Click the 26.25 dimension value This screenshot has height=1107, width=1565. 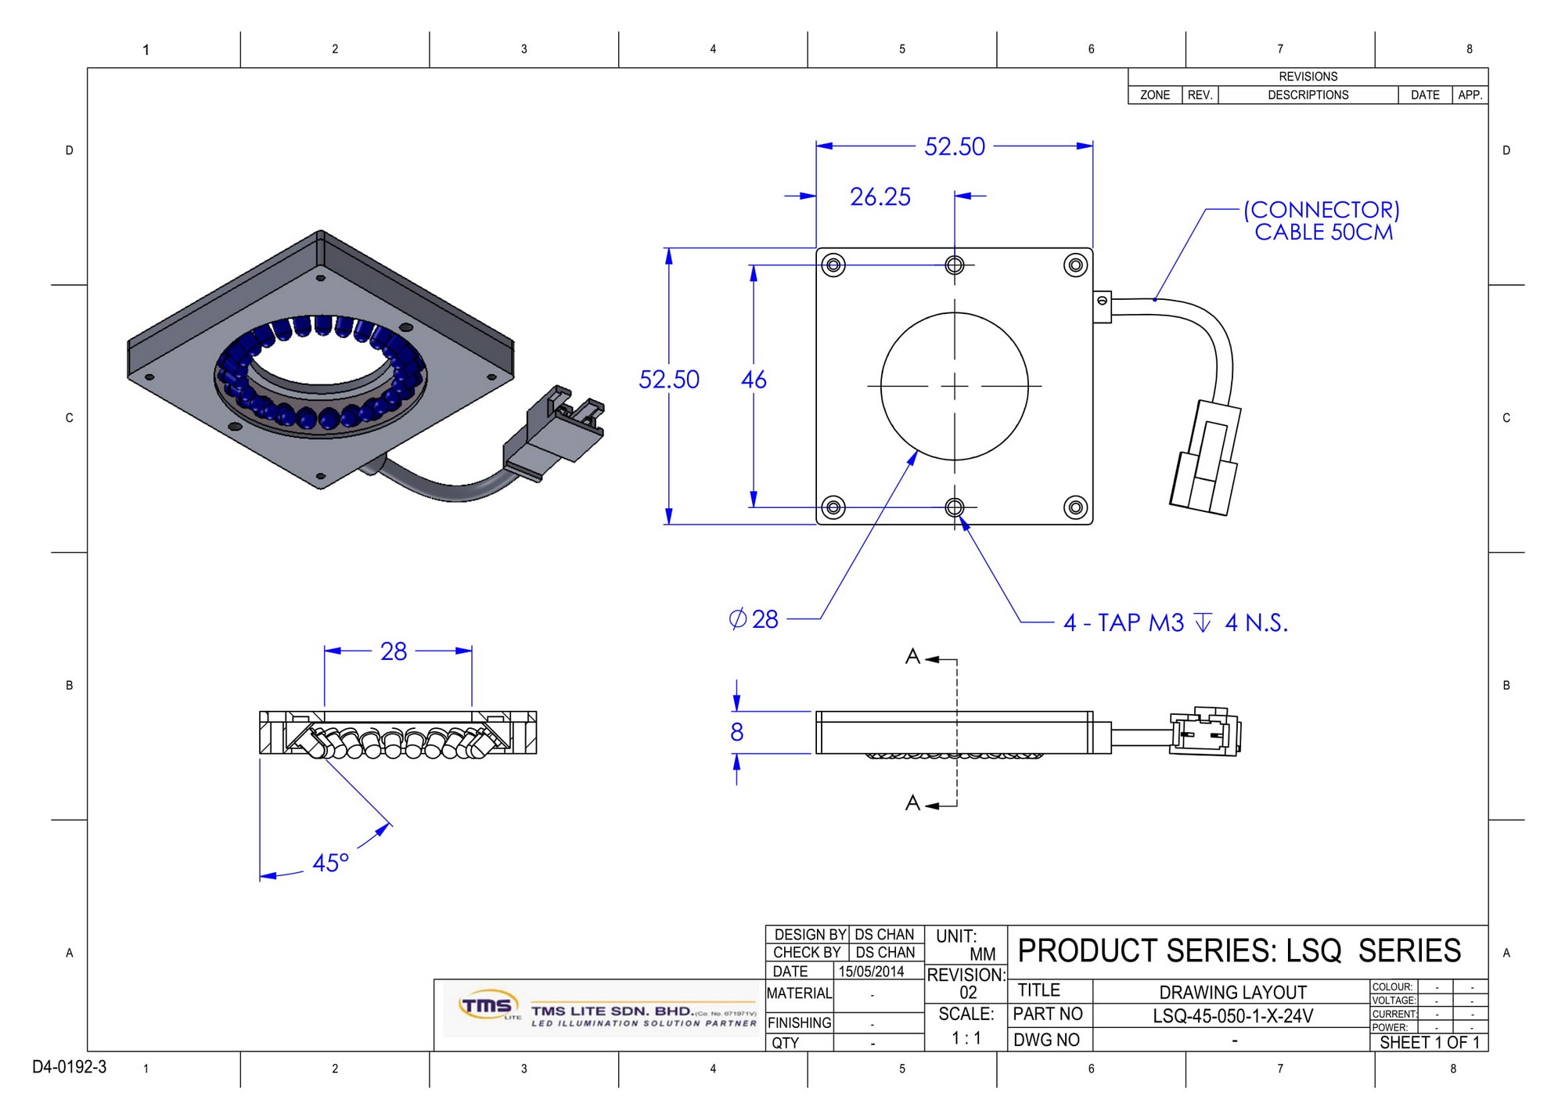[880, 197]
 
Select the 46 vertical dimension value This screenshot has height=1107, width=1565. [754, 380]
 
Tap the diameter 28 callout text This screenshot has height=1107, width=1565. [754, 619]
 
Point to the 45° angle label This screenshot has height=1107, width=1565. [330, 863]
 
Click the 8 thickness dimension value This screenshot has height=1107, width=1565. [736, 732]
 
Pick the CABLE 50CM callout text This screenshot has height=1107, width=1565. [1323, 233]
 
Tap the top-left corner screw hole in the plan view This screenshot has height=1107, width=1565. [833, 265]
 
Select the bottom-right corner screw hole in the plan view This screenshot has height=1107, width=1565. [1076, 507]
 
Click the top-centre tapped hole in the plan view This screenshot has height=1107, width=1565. [955, 265]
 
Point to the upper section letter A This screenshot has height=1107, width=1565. [912, 657]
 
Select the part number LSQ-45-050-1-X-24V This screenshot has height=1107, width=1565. [1232, 1016]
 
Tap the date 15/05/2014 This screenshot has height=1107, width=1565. [871, 972]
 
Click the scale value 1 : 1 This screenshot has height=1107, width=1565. [966, 1038]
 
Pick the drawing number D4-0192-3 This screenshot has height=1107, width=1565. [69, 1067]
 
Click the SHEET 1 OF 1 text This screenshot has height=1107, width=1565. [1430, 1043]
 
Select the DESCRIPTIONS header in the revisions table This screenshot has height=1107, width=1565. [1308, 95]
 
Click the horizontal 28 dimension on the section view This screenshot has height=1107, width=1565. [394, 651]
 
